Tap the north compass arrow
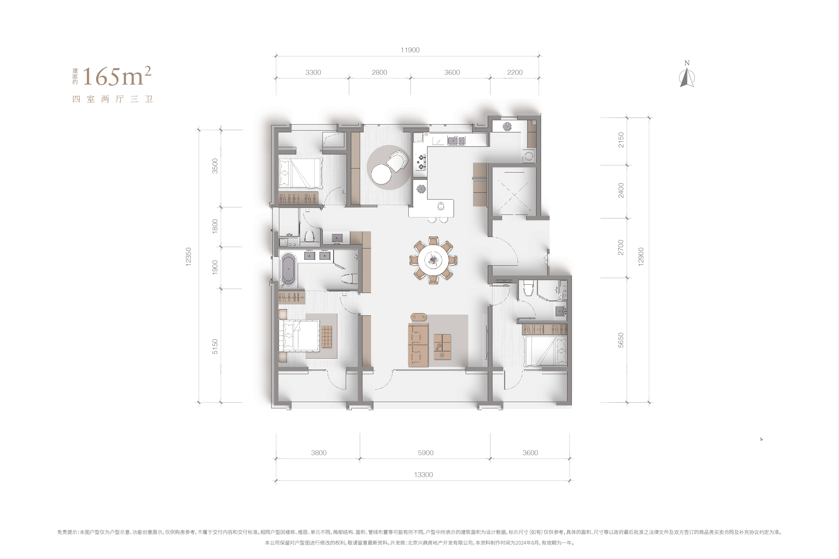point(687,77)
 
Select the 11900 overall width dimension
point(410,50)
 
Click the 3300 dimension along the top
point(313,72)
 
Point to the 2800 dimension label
point(379,72)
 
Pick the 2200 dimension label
point(515,72)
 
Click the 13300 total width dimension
point(423,474)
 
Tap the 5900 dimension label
point(426,453)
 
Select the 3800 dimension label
point(319,453)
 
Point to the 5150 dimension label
point(215,346)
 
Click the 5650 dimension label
point(621,340)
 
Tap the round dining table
point(433,260)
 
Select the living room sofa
point(418,344)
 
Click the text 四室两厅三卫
point(113,99)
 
